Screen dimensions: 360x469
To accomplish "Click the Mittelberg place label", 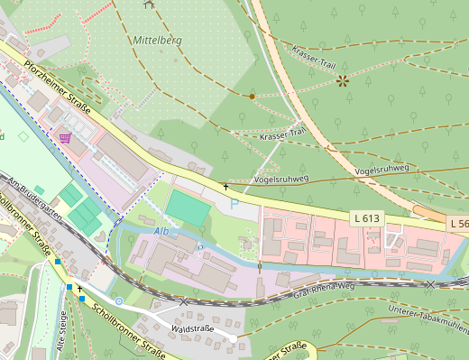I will point(158,41).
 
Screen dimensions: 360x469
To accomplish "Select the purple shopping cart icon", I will point(65,137).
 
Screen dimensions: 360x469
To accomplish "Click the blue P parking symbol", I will point(234,205).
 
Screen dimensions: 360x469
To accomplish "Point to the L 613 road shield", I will point(367,218).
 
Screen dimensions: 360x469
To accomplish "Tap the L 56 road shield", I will point(458,223).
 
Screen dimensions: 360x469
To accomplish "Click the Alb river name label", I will point(162,232).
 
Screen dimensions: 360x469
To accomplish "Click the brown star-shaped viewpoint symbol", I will point(343,81).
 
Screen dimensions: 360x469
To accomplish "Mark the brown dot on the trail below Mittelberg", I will point(252,95).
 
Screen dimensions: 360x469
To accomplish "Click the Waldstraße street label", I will point(190,328).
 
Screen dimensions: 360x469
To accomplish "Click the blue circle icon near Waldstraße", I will point(119,300).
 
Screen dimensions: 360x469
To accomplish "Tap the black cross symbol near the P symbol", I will point(225,186).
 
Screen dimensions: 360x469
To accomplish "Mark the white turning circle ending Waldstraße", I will point(233,337).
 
